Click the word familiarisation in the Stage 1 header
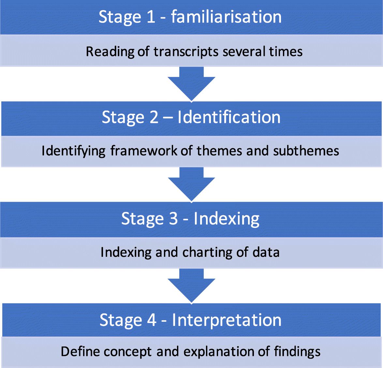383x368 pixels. pyautogui.click(x=226, y=17)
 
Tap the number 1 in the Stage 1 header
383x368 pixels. pyautogui.click(x=151, y=17)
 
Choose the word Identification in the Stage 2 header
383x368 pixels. pyautogui.click(x=229, y=117)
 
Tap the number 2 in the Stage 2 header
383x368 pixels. pyautogui.click(x=154, y=117)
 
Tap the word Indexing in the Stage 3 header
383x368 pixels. pyautogui.click(x=227, y=219)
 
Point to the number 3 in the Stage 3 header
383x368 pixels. pyautogui.click(x=173, y=219)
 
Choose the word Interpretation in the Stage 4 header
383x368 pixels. pyautogui.click(x=227, y=320)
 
